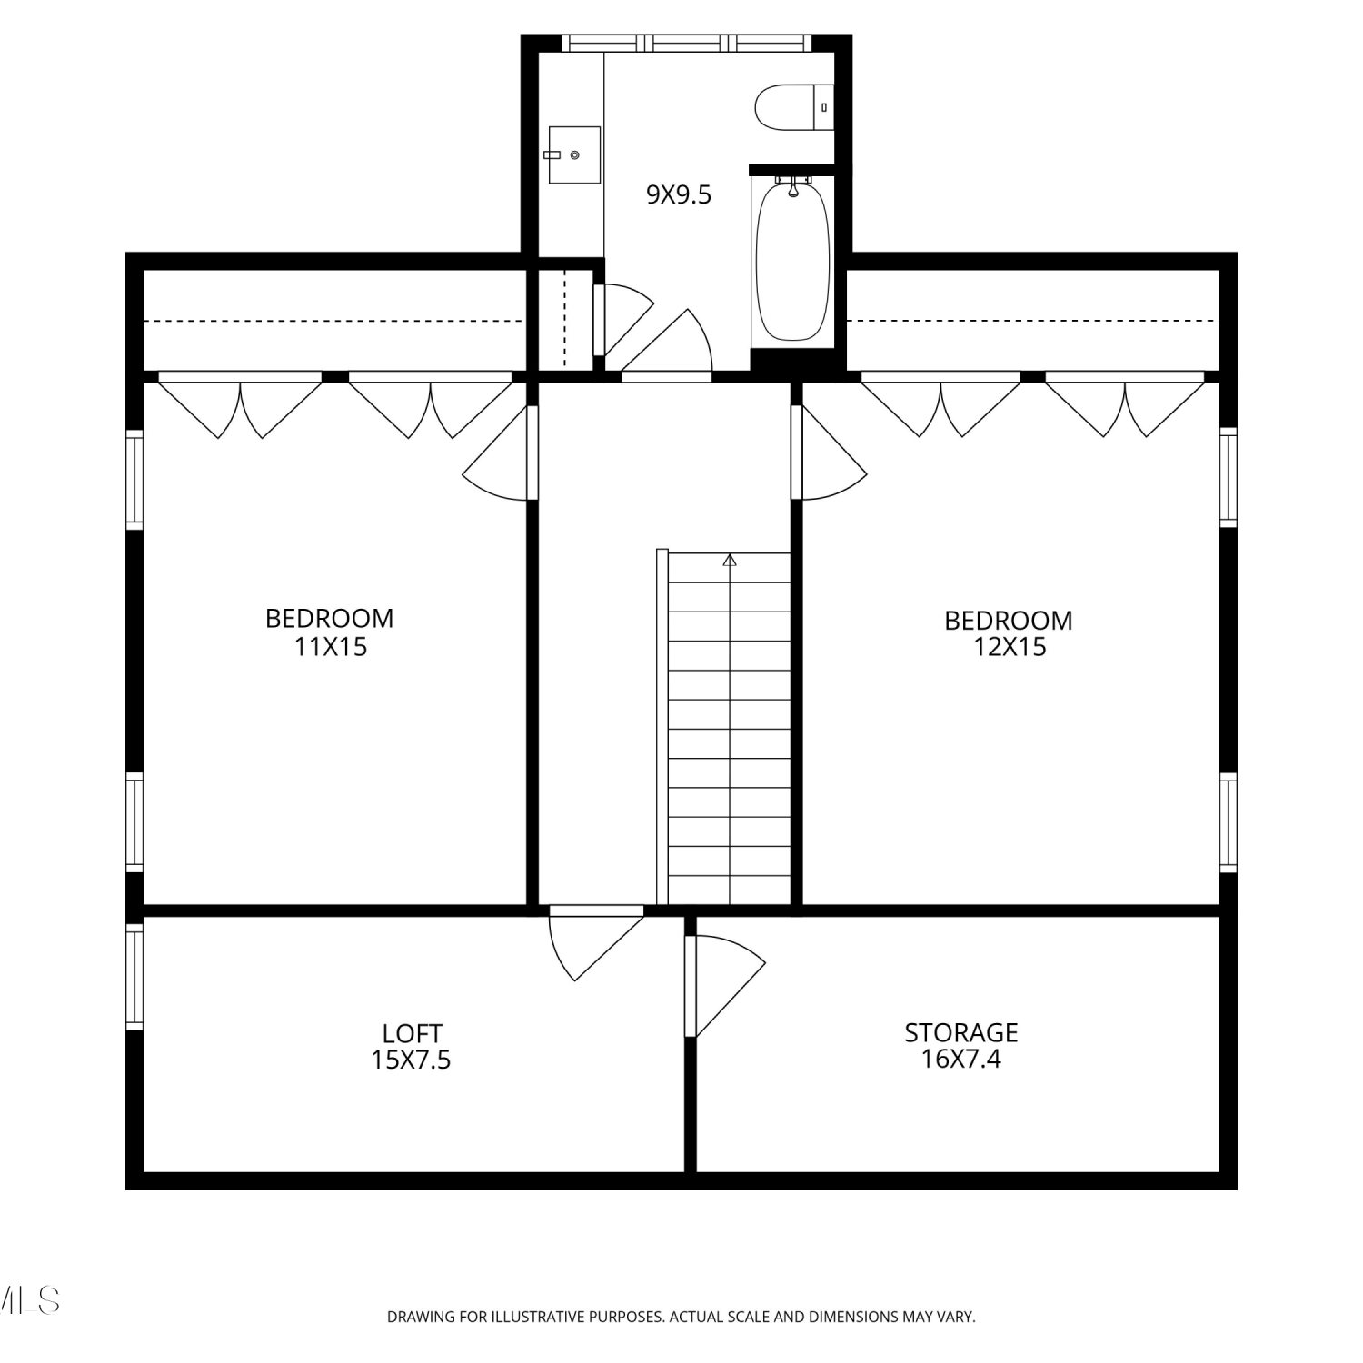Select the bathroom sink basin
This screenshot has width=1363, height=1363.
(x=573, y=154)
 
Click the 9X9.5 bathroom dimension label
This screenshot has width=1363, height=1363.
(x=678, y=194)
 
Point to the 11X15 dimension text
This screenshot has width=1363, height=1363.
(x=330, y=647)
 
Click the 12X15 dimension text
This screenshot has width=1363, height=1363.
(x=1010, y=647)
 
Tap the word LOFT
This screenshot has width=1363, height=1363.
(x=412, y=1033)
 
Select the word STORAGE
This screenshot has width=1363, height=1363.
(x=960, y=1032)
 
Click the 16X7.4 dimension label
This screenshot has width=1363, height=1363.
(x=960, y=1059)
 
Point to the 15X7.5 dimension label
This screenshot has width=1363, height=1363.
(x=411, y=1060)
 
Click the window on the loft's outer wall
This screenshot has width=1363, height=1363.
(x=134, y=977)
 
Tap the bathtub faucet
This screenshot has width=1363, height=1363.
(x=793, y=185)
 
